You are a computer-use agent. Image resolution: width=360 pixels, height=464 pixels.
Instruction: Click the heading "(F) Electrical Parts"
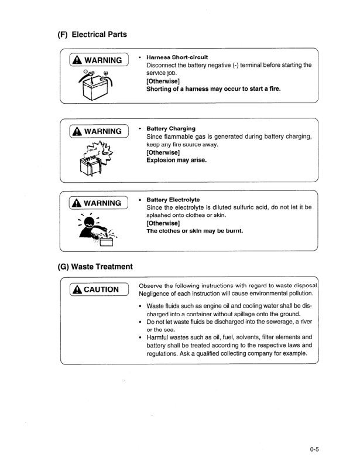point(92,34)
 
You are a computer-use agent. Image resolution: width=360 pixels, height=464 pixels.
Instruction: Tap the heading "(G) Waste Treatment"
point(95,267)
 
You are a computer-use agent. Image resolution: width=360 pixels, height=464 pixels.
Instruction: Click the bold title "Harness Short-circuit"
point(177,57)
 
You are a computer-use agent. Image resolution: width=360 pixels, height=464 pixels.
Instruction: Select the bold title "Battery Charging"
point(171,128)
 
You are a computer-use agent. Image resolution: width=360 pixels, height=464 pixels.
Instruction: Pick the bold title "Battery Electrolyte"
point(173,200)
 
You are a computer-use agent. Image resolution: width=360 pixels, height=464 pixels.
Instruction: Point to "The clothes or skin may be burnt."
point(194,231)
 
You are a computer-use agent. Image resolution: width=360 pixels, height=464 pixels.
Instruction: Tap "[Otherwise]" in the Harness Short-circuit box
point(163,81)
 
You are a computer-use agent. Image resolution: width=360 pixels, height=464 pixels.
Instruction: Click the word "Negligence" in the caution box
point(157,293)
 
